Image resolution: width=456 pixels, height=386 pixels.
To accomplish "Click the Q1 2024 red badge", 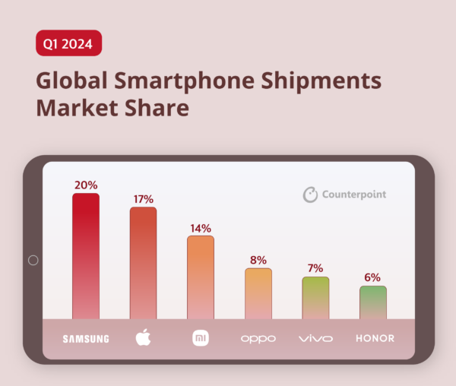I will (68, 43).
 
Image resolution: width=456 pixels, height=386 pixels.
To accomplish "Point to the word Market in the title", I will (80, 109).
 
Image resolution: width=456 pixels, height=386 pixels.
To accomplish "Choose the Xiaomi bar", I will (201, 277).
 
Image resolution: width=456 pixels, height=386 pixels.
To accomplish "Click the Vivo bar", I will (315, 298).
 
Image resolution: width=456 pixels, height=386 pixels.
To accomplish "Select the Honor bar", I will (372, 302).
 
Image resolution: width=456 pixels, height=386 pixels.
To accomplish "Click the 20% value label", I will (86, 185).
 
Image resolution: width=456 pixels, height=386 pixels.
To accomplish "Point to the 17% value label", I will (143, 199).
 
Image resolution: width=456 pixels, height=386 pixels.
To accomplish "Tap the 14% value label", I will (201, 228).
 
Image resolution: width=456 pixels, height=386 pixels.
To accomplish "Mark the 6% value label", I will (372, 278).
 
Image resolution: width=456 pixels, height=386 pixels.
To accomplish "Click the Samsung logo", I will (86, 338).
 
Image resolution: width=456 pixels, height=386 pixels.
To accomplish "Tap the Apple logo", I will (143, 337).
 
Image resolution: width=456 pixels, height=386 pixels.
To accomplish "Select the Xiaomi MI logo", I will (201, 337).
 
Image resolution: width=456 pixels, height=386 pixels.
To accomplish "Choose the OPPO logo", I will (258, 338).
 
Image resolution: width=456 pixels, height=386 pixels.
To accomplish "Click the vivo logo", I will (315, 338).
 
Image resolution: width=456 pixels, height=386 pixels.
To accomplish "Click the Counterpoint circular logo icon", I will (311, 195).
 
